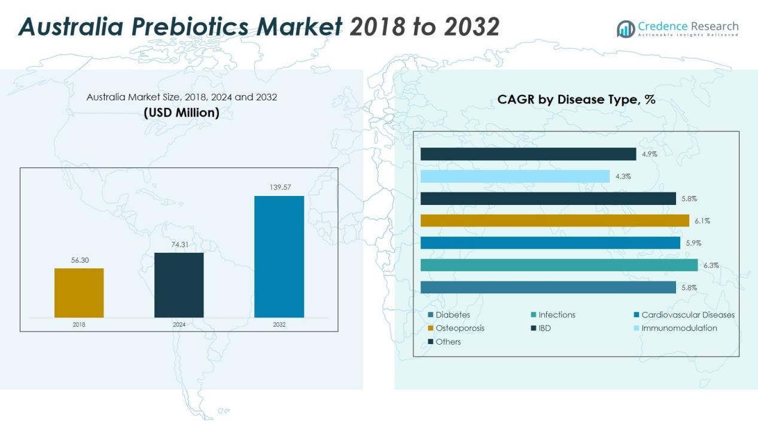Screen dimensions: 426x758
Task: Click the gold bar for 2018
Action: (x=79, y=293)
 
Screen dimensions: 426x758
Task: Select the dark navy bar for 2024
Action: (x=179, y=285)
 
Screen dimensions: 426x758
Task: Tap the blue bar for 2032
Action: (x=279, y=256)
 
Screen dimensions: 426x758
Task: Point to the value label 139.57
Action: (x=279, y=188)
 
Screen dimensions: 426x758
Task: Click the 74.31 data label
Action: (x=179, y=244)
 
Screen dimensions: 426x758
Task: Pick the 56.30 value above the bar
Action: (x=79, y=260)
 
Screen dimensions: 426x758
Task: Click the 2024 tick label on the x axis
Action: (x=179, y=324)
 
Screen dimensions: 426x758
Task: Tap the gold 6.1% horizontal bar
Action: (x=555, y=220)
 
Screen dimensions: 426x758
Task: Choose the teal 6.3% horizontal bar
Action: (x=559, y=265)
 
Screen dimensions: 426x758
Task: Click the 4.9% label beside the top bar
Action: (x=650, y=154)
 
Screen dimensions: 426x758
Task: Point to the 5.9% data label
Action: (x=693, y=243)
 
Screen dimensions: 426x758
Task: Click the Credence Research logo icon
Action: (x=626, y=28)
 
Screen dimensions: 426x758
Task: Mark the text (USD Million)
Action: (x=181, y=112)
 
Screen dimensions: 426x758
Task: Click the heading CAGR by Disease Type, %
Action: (x=576, y=100)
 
